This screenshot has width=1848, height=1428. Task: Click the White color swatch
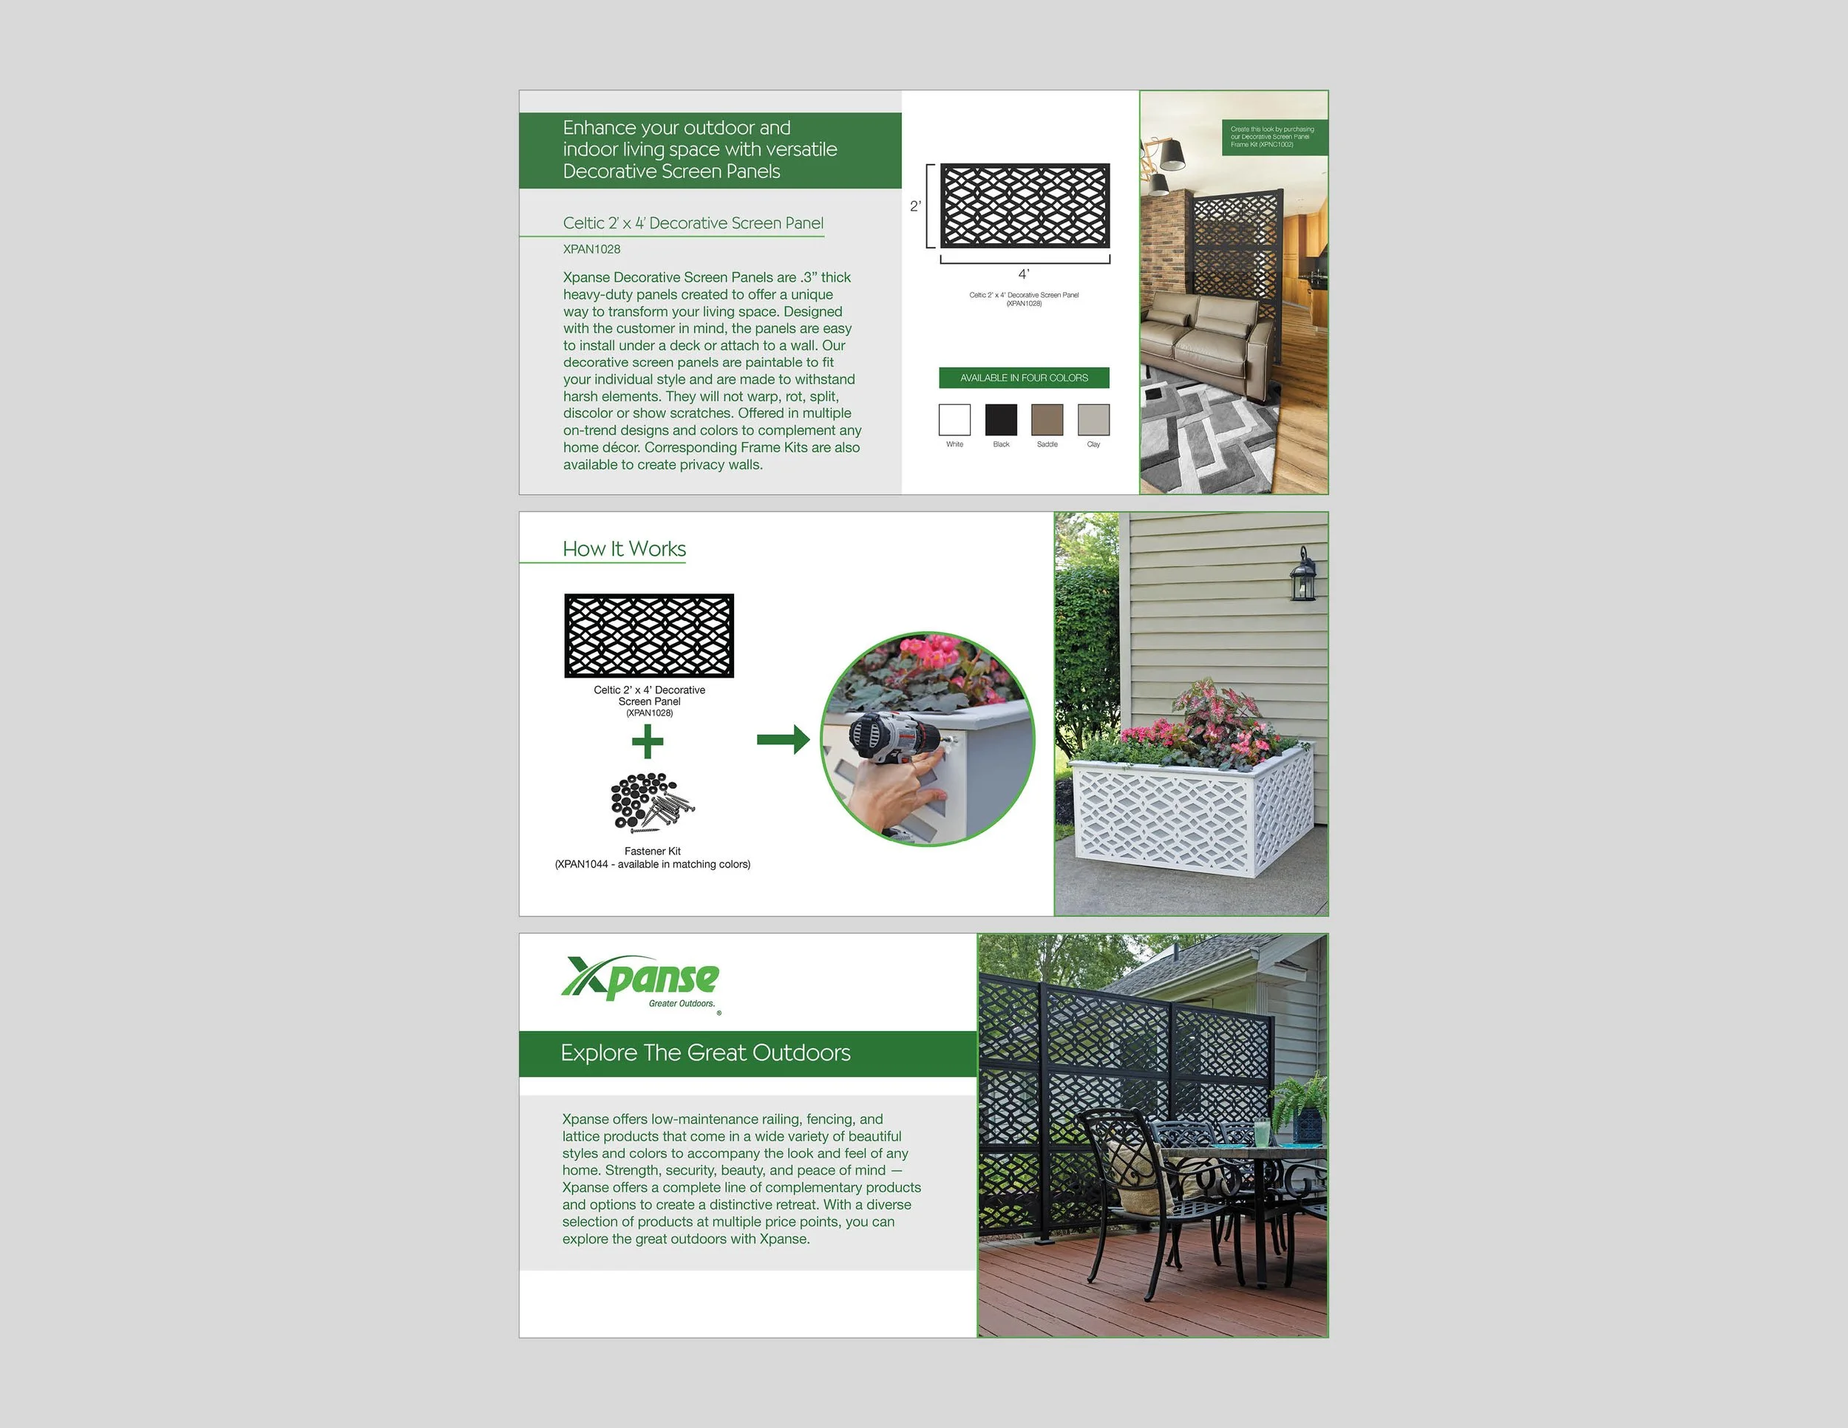point(954,420)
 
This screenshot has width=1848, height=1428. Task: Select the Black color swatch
point(1001,420)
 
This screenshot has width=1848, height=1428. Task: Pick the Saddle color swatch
point(1047,420)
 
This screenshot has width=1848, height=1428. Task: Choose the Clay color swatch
point(1093,420)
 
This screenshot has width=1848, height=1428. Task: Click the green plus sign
point(648,742)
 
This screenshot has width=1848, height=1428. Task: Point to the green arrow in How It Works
point(783,740)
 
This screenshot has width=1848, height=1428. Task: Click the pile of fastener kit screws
point(653,801)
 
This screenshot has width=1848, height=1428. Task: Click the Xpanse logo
point(641,982)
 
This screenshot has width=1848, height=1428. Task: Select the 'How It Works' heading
point(625,549)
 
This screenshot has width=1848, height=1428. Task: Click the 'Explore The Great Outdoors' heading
point(706,1053)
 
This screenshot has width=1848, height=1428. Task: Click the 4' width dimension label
point(1024,274)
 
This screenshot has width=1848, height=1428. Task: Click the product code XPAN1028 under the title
point(591,248)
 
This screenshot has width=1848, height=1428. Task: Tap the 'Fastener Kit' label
point(653,851)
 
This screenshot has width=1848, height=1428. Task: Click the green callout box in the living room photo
point(1273,137)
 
